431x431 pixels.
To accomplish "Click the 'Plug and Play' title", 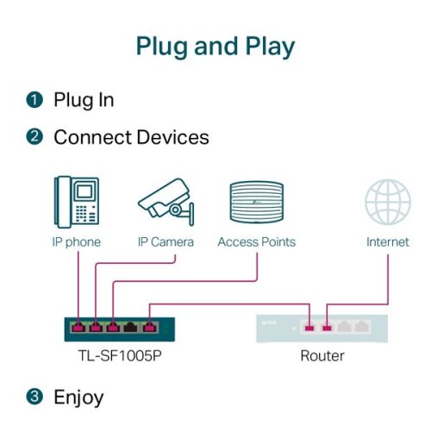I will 215,46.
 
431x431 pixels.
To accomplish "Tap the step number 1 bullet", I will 34,100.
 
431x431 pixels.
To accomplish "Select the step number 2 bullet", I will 34,137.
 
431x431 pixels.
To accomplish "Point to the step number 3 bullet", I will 34,397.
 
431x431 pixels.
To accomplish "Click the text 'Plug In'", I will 84,100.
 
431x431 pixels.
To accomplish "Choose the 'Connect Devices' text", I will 131,137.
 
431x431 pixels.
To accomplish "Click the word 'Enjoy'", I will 78,397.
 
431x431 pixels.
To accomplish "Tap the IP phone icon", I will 77,201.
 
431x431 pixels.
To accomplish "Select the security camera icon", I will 166,201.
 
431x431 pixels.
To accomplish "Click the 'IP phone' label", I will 77,242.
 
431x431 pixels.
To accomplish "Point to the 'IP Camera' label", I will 166,242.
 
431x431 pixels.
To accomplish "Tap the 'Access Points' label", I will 256,242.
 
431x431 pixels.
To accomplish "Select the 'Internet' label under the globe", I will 387,242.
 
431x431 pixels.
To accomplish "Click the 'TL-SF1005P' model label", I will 115,355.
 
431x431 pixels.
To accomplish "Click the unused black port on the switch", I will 131,328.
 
